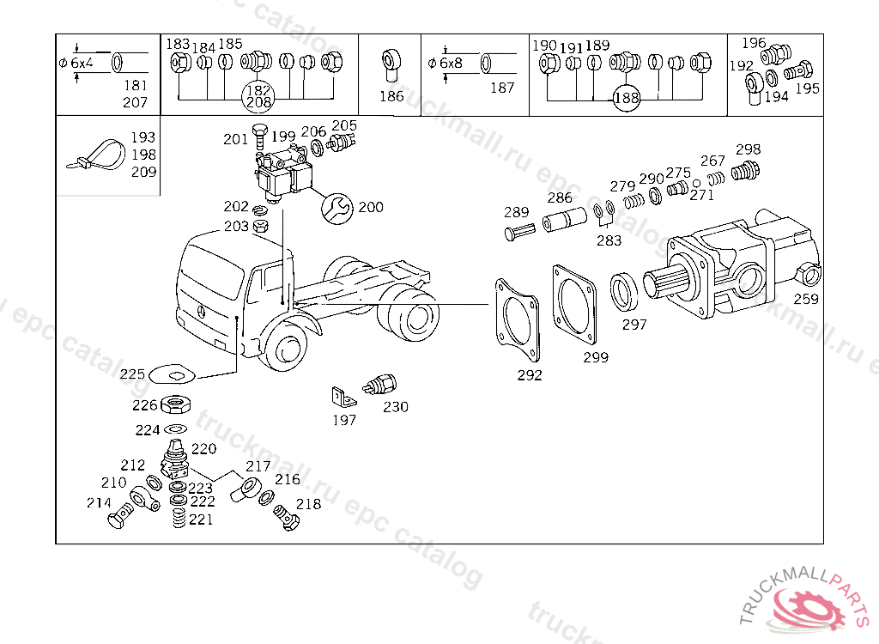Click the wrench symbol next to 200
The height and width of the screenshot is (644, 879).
336,209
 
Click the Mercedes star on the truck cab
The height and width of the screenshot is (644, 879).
201,312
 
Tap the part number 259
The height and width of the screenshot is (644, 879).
805,299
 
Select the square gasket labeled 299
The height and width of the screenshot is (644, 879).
574,305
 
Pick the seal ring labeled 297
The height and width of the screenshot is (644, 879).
623,292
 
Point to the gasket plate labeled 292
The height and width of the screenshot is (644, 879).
517,319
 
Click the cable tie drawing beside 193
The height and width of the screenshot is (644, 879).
96,156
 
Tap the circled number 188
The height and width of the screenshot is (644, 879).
626,98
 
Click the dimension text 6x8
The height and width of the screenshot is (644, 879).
451,64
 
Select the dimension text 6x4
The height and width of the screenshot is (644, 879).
82,64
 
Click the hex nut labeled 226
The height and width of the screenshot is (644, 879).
175,404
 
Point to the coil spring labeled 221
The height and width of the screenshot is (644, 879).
179,518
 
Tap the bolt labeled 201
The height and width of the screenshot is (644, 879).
259,137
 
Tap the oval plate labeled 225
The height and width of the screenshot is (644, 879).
172,374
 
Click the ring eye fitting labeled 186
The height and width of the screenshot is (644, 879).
391,65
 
